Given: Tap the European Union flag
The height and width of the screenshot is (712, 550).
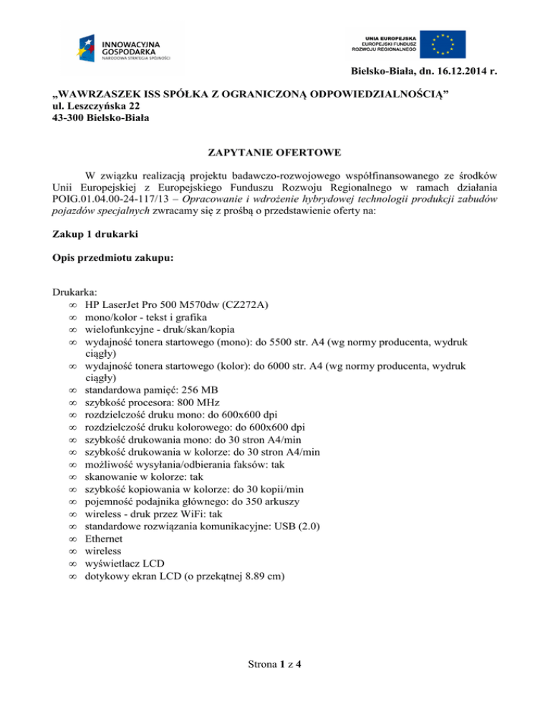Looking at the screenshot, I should [442, 44].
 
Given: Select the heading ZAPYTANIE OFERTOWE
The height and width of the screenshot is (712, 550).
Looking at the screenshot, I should [274, 153].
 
